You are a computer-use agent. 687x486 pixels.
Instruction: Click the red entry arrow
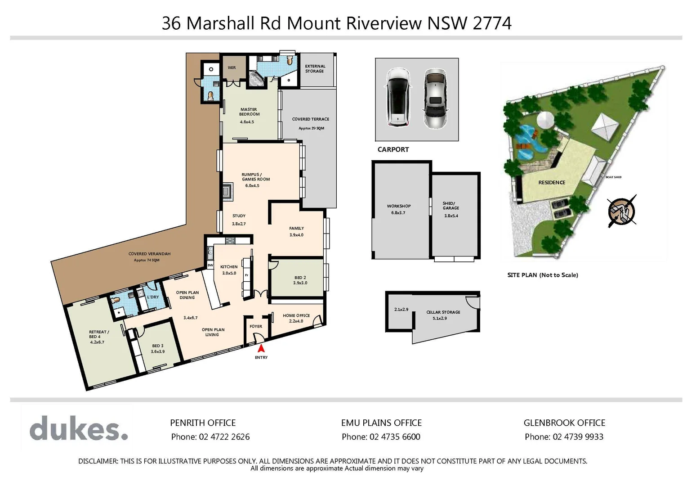coord(261,348)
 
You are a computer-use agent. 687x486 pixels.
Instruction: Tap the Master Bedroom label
coord(249,112)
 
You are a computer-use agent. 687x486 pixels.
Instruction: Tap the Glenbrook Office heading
coord(564,423)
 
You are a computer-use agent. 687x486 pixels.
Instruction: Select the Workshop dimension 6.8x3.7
coord(398,212)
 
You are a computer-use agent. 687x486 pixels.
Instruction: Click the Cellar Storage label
coord(443,312)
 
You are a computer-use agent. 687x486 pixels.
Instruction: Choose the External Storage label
coord(315,68)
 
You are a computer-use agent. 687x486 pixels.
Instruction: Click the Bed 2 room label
coord(300,278)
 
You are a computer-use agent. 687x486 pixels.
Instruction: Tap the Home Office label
coord(296,315)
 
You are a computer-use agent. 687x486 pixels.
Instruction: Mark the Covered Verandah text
coord(149,254)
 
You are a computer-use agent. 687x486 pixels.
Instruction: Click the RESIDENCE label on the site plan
coord(552,182)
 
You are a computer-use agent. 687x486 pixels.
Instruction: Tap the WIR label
coord(232,68)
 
